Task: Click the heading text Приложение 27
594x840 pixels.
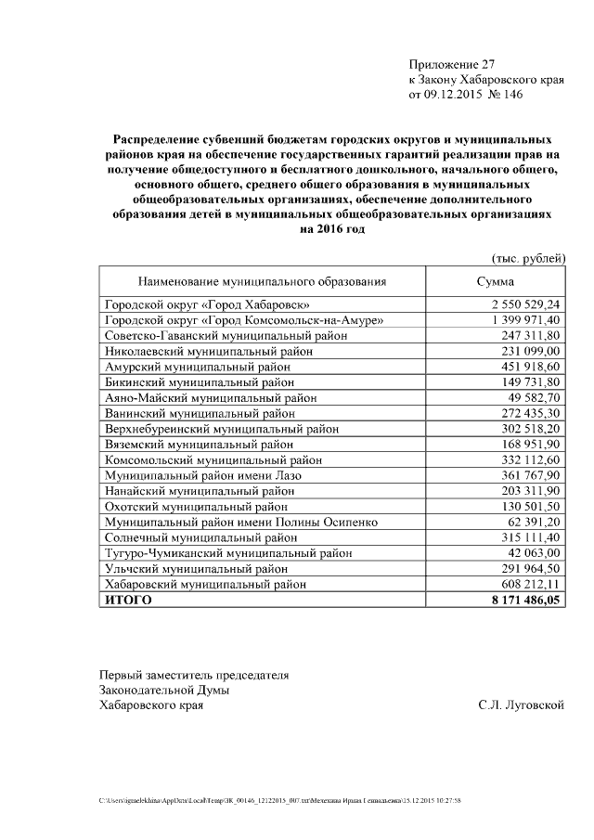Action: coord(452,64)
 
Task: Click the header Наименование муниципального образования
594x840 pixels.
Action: coord(262,281)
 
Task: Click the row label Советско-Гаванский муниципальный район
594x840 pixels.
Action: coord(226,335)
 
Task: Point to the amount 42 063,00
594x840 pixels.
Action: coord(536,553)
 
